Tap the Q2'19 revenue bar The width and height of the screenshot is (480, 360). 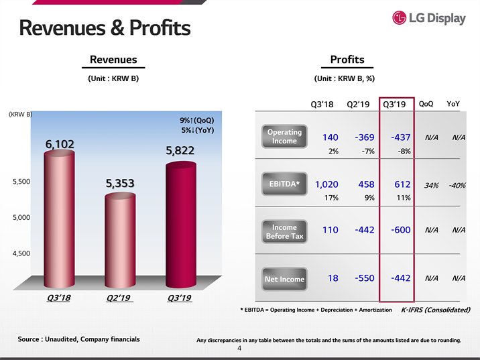pos(120,241)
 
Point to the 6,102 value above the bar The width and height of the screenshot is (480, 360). pos(60,143)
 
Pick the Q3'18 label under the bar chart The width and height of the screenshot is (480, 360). pos(60,298)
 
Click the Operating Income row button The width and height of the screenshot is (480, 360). pos(284,136)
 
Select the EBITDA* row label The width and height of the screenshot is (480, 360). pos(284,184)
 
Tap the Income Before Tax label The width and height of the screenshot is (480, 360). pos(284,231)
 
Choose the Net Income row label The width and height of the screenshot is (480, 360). pos(284,279)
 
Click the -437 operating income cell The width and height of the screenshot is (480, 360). pos(400,137)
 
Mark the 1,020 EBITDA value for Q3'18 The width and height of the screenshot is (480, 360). pos(326,184)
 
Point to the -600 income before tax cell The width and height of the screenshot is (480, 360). pos(400,230)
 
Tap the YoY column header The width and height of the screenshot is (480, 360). pos(453,104)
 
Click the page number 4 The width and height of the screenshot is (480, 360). pos(239,349)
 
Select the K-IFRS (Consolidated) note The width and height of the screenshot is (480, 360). pos(435,310)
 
